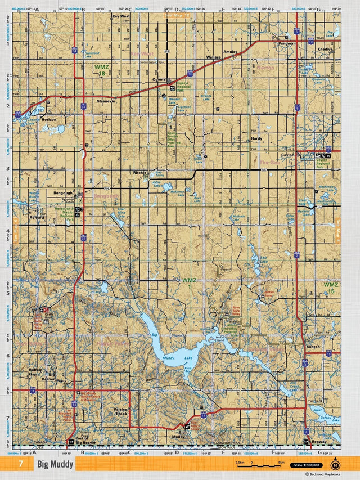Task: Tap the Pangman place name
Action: pos(287,43)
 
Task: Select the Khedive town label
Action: pos(325,49)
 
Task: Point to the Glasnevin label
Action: pos(106,101)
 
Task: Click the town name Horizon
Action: pos(49,119)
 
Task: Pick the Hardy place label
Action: pos(257,138)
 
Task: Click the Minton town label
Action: pos(313,347)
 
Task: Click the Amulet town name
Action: pos(231,51)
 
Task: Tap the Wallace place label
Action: pos(213,57)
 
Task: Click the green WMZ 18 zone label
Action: pos(100,70)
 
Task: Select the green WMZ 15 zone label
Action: pos(331,288)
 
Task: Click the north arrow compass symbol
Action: pos(336,464)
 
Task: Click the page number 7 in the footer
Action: pos(21,464)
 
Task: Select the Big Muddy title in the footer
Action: pos(55,464)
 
